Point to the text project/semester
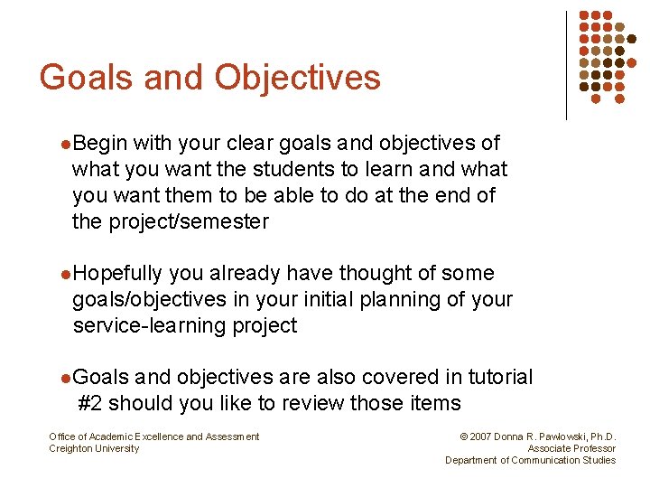(x=188, y=222)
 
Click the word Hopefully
(x=117, y=274)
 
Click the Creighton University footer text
(x=94, y=449)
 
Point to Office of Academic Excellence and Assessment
(x=153, y=437)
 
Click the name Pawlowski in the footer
(x=558, y=437)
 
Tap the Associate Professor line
(x=571, y=449)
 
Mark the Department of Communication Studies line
(x=530, y=461)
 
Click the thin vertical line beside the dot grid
(x=566, y=65)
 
